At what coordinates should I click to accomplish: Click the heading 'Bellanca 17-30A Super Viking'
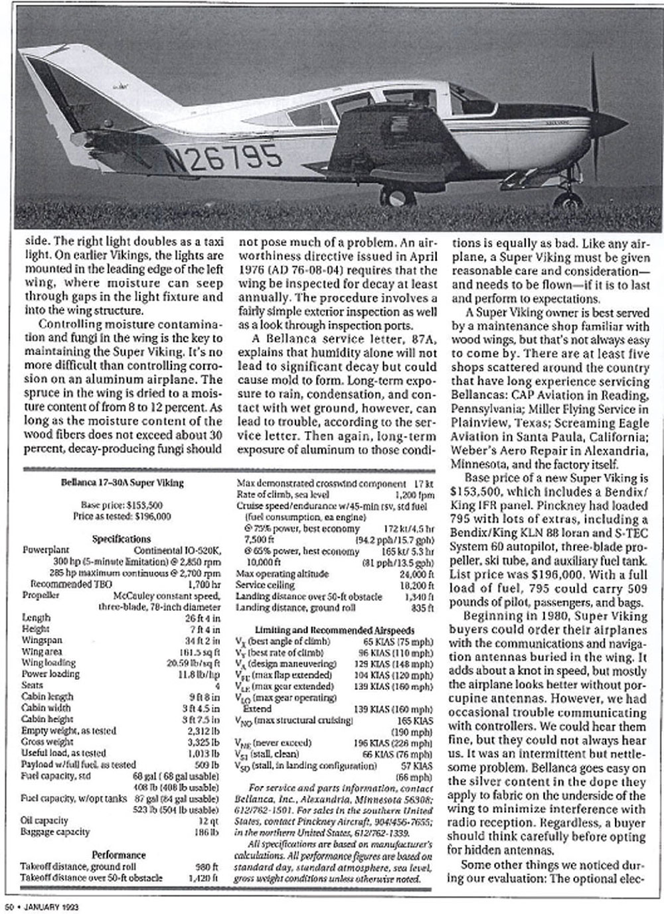click(123, 483)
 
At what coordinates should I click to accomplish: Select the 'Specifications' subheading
click(122, 539)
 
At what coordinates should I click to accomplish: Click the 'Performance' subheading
click(119, 855)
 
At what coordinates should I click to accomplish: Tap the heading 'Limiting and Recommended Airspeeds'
click(335, 629)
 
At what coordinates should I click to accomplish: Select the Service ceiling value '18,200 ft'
click(416, 584)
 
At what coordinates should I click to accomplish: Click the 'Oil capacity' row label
click(44, 820)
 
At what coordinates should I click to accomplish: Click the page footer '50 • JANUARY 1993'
click(46, 905)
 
